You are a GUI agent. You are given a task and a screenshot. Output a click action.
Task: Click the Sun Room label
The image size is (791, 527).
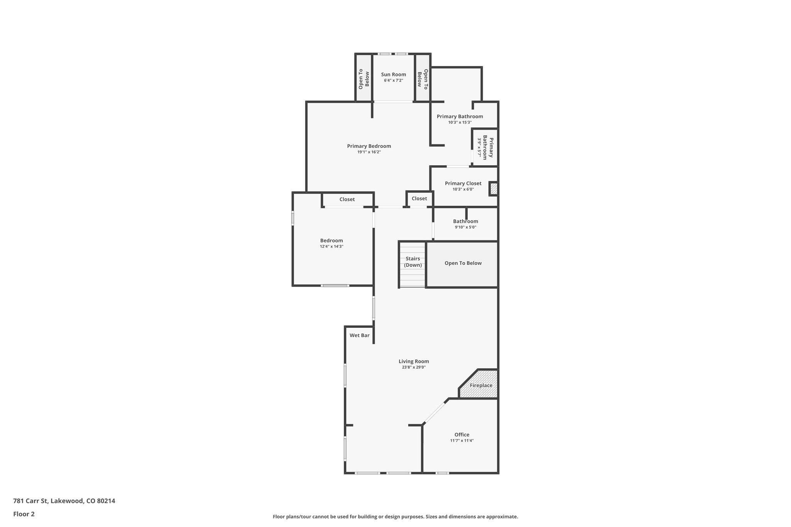(x=393, y=75)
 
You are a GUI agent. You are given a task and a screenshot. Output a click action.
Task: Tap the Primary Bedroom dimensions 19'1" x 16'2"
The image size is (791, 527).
(x=369, y=152)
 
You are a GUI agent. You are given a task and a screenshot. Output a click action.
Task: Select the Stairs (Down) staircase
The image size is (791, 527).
(x=412, y=264)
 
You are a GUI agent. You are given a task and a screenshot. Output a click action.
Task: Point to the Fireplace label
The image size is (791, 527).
(x=481, y=385)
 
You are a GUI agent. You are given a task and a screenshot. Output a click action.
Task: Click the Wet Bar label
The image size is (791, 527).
(x=359, y=336)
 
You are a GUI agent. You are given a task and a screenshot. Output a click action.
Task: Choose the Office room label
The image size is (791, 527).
(x=462, y=435)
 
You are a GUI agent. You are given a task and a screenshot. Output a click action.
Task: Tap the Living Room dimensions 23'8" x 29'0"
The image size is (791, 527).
(x=414, y=368)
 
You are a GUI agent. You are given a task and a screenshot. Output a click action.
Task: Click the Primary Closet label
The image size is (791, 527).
(x=463, y=183)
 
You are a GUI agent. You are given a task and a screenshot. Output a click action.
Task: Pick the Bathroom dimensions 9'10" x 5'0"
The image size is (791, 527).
(x=465, y=227)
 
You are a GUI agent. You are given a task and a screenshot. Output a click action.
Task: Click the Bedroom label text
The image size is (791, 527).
(x=331, y=241)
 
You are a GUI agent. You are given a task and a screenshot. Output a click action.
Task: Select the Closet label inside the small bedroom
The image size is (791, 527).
(x=347, y=199)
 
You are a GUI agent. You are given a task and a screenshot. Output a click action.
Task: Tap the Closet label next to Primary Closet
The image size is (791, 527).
(x=419, y=198)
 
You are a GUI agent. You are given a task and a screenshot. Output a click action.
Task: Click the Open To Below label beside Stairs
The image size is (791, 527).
(x=463, y=263)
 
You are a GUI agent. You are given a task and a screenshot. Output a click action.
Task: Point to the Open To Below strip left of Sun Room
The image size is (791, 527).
(x=363, y=79)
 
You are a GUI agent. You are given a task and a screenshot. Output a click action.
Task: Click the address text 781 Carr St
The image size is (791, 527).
(x=64, y=501)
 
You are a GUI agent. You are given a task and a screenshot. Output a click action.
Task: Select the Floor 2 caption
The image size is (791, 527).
(x=24, y=514)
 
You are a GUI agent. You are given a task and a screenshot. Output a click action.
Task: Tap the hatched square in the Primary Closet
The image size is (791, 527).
(x=494, y=189)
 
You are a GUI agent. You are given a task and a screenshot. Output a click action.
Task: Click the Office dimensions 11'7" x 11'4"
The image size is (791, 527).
(x=462, y=441)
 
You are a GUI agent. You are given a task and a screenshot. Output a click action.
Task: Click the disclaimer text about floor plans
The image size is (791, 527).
(x=395, y=517)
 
